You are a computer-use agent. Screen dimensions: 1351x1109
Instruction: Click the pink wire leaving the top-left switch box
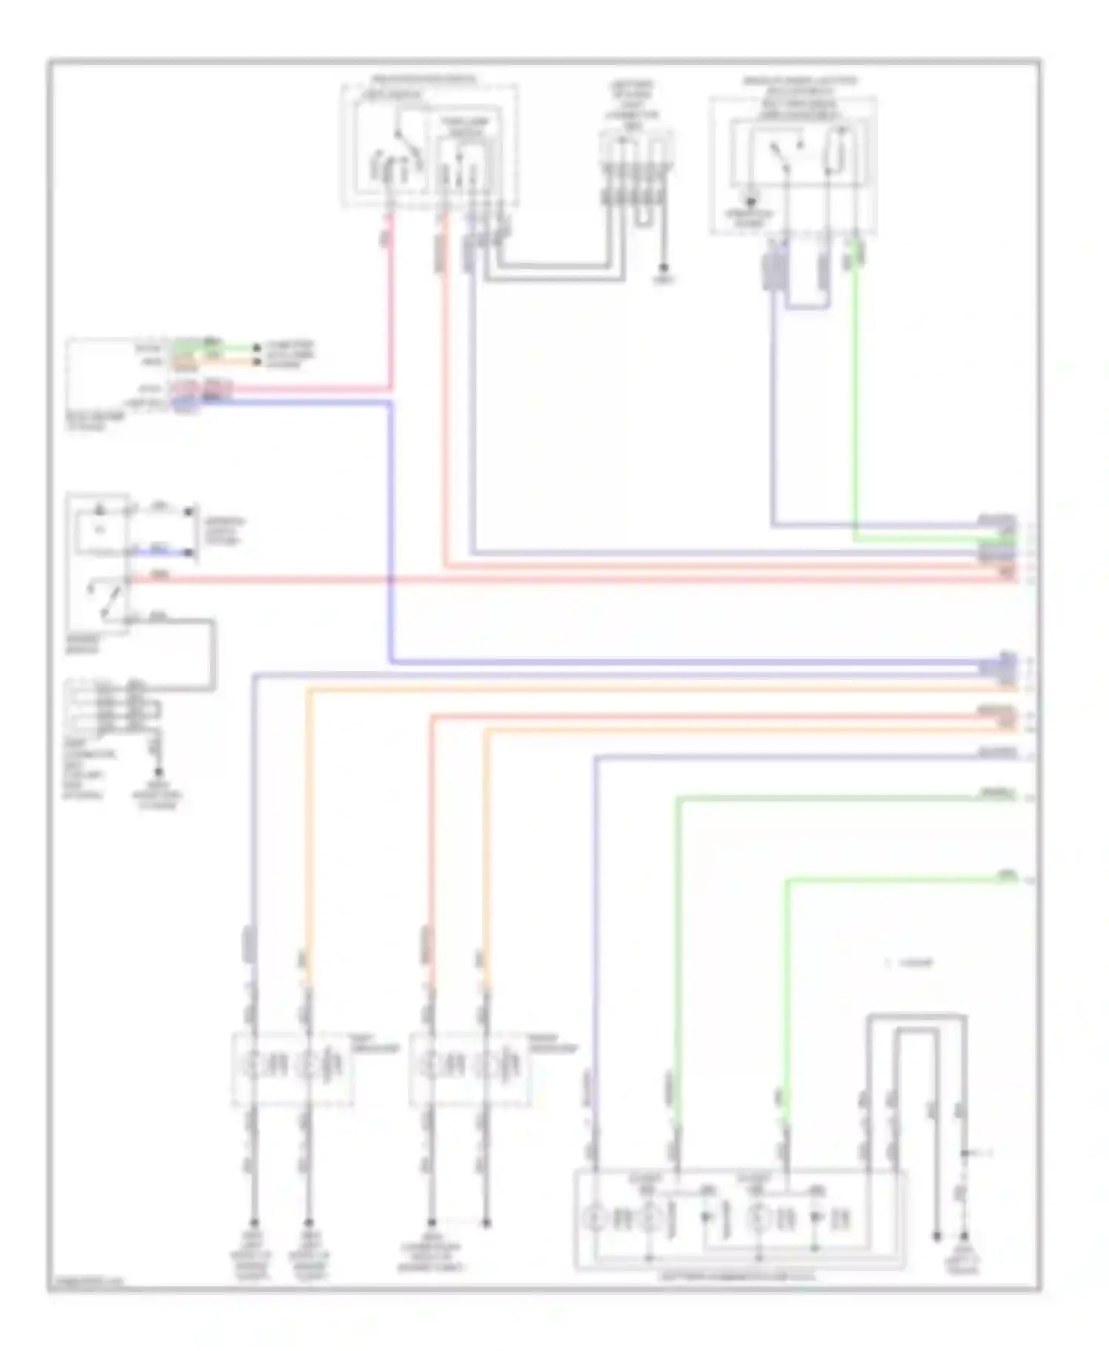coord(390,310)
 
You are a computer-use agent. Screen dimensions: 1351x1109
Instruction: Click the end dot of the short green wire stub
coord(256,347)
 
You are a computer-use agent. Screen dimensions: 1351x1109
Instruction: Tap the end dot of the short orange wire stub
coord(256,361)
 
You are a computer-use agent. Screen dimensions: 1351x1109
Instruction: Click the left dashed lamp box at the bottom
coord(293,1069)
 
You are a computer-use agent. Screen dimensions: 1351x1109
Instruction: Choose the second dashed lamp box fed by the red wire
coord(470,1069)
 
